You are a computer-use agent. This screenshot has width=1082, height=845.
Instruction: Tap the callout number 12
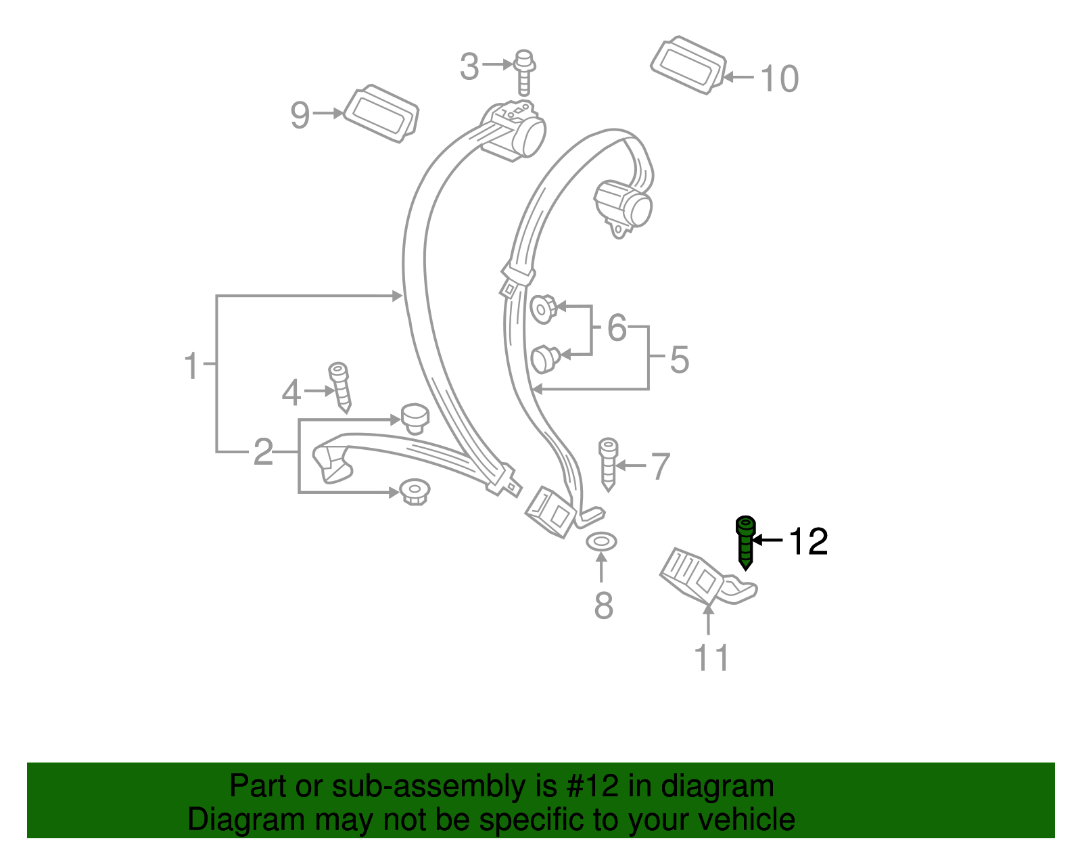point(808,541)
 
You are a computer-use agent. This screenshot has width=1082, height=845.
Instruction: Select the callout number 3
point(469,67)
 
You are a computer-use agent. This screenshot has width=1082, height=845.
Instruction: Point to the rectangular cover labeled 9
point(381,114)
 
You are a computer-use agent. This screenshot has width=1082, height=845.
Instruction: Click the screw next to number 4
point(340,387)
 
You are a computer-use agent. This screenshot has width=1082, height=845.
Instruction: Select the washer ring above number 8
point(601,541)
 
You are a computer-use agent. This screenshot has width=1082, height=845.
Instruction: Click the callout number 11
point(711,658)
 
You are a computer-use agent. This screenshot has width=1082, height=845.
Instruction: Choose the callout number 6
point(617,328)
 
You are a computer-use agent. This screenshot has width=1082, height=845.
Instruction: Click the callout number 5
point(679,359)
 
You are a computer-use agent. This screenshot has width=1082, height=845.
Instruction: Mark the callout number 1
point(192,366)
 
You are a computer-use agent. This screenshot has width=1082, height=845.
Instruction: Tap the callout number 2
point(263,452)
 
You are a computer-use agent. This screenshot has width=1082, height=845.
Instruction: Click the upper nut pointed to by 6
point(543,309)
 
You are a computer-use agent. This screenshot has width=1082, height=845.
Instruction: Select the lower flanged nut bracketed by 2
point(415,490)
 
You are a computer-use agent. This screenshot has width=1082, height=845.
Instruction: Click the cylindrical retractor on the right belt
point(624,204)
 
